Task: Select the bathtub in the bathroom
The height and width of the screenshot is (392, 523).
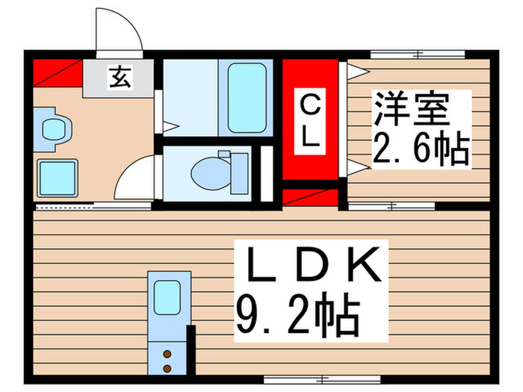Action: (246, 98)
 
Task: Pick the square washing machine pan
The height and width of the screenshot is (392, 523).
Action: (57, 178)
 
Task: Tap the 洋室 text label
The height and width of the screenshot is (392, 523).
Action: (410, 111)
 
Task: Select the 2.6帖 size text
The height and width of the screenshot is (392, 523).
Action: (420, 152)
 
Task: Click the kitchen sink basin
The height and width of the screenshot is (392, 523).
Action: (167, 299)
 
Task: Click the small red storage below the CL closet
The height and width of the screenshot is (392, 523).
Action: (310, 197)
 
